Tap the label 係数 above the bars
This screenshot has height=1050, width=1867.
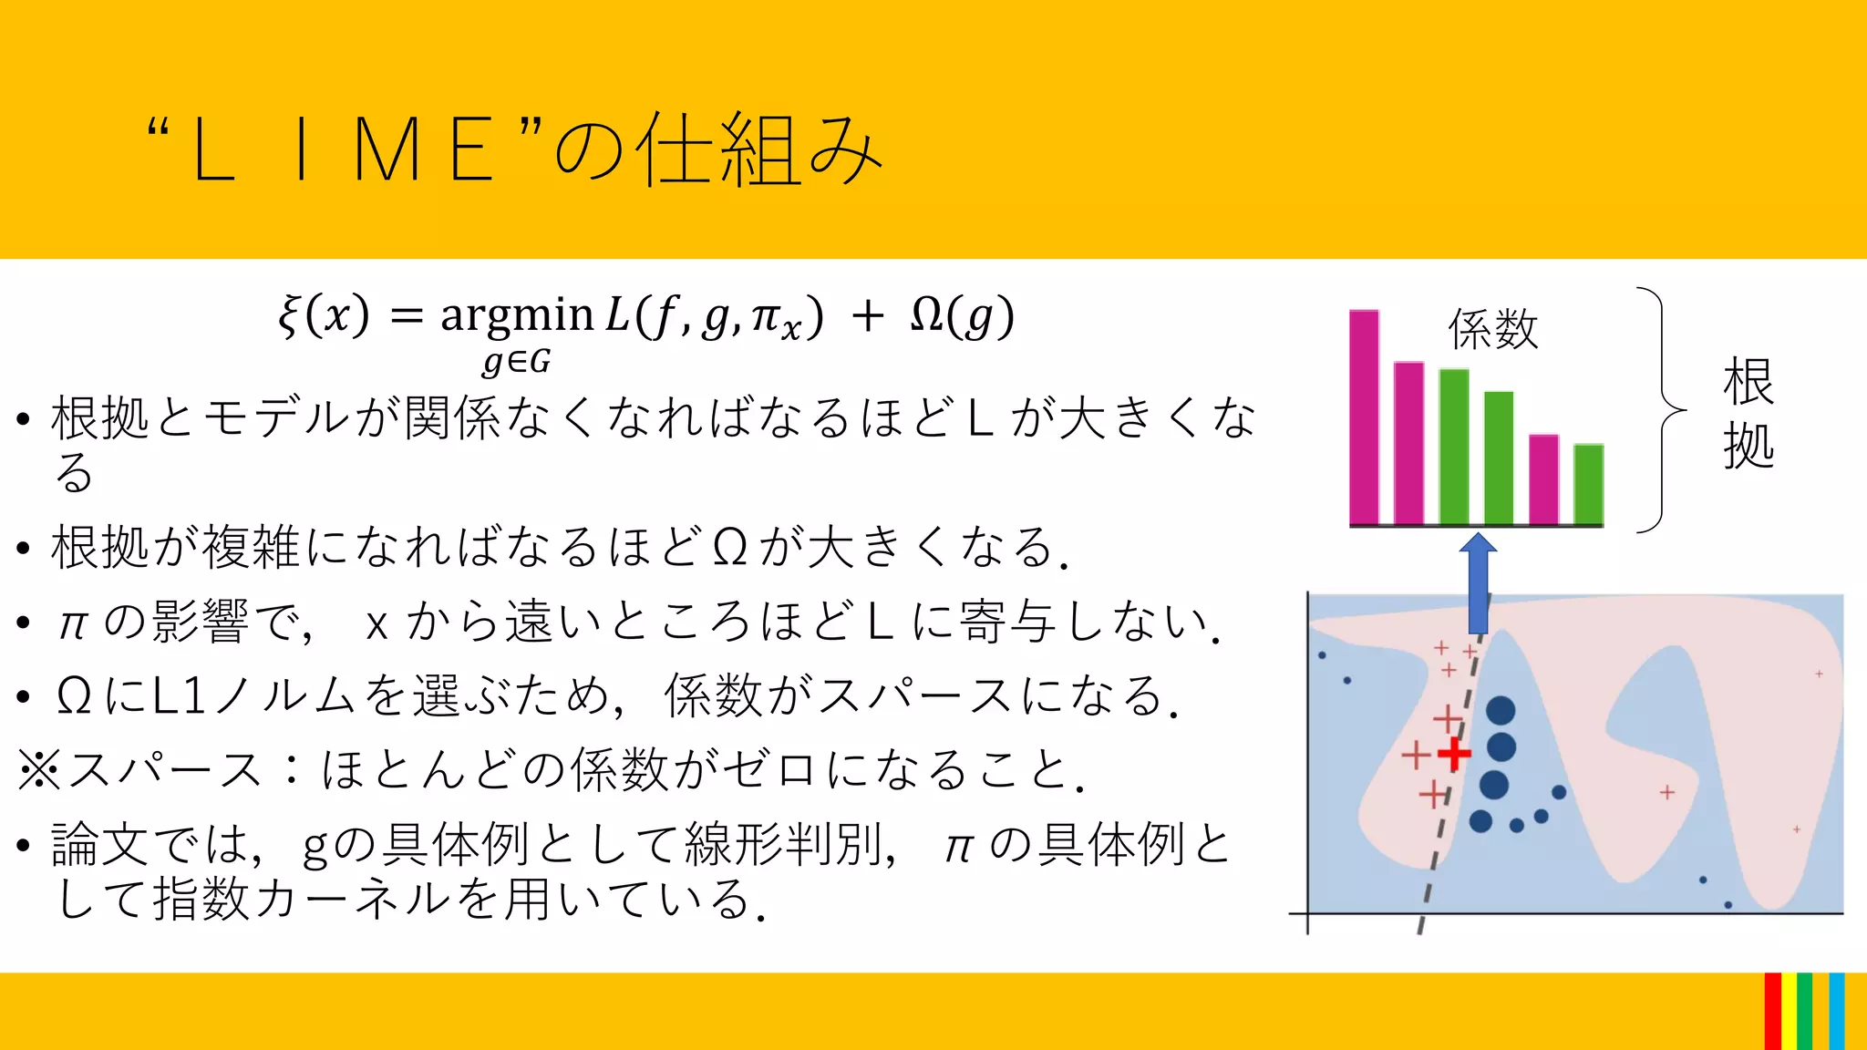pyautogui.click(x=1493, y=329)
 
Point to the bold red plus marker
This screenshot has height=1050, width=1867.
pyautogui.click(x=1454, y=754)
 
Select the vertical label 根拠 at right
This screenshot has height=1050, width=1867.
pyautogui.click(x=1748, y=413)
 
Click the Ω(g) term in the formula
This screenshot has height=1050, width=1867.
pyautogui.click(x=962, y=316)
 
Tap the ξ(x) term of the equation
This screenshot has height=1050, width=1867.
pyautogui.click(x=325, y=316)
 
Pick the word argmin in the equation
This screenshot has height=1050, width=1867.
pyautogui.click(x=517, y=316)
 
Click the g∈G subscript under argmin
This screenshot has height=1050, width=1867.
pyautogui.click(x=517, y=362)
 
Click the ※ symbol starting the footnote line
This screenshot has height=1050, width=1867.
pyautogui.click(x=39, y=770)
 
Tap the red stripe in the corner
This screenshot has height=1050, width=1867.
pyautogui.click(x=1772, y=1012)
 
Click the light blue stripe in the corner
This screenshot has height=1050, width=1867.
pyautogui.click(x=1837, y=1012)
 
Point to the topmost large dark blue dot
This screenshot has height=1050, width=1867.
pyautogui.click(x=1501, y=710)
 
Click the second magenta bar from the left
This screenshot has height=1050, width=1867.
pyautogui.click(x=1408, y=443)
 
